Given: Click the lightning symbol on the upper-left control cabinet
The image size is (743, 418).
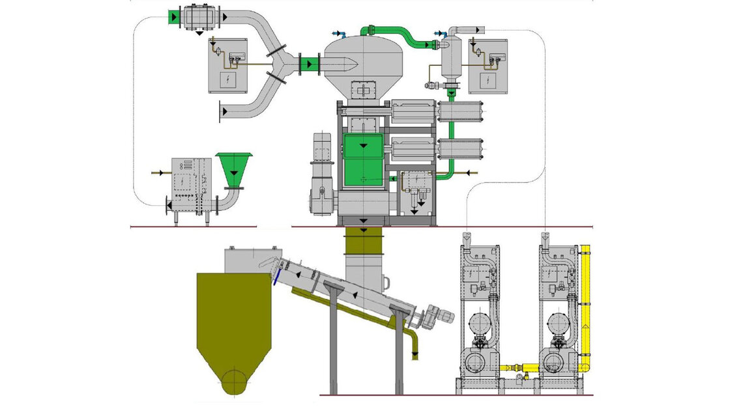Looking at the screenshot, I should tap(228, 80).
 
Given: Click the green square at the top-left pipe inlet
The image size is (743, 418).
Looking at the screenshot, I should tap(175, 16).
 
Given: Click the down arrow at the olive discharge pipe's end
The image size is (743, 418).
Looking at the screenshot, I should tap(416, 353).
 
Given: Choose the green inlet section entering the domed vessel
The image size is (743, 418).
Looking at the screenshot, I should tap(309, 64).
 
